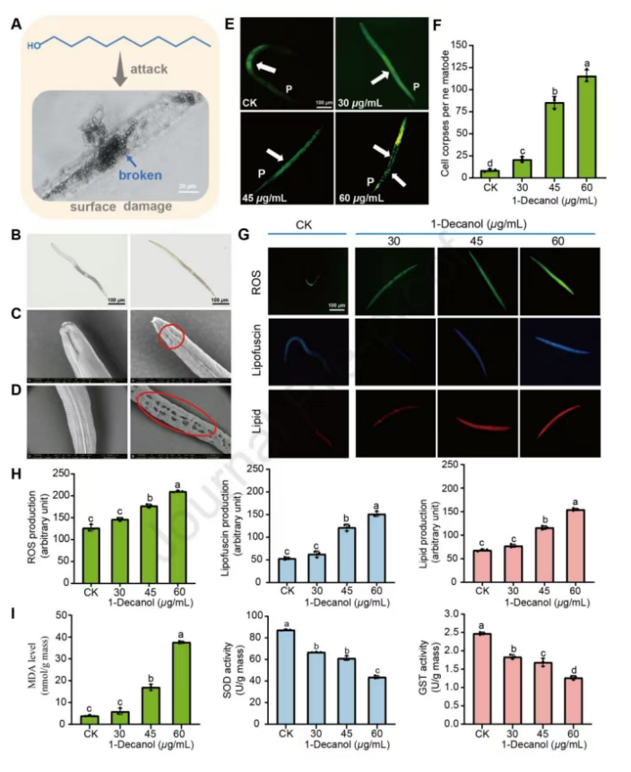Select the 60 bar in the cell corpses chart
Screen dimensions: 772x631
pos(587,126)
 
